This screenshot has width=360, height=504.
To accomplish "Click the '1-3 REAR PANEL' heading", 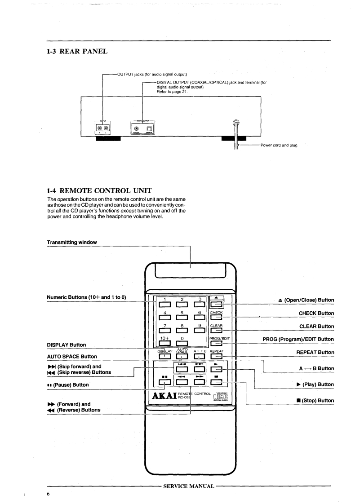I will pos(77,52).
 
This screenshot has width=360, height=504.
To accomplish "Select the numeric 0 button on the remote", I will pos(183,345).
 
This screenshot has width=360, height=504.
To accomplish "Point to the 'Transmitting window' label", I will pos(72,242).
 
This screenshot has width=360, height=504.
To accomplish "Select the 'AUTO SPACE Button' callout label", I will pos(72,356).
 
